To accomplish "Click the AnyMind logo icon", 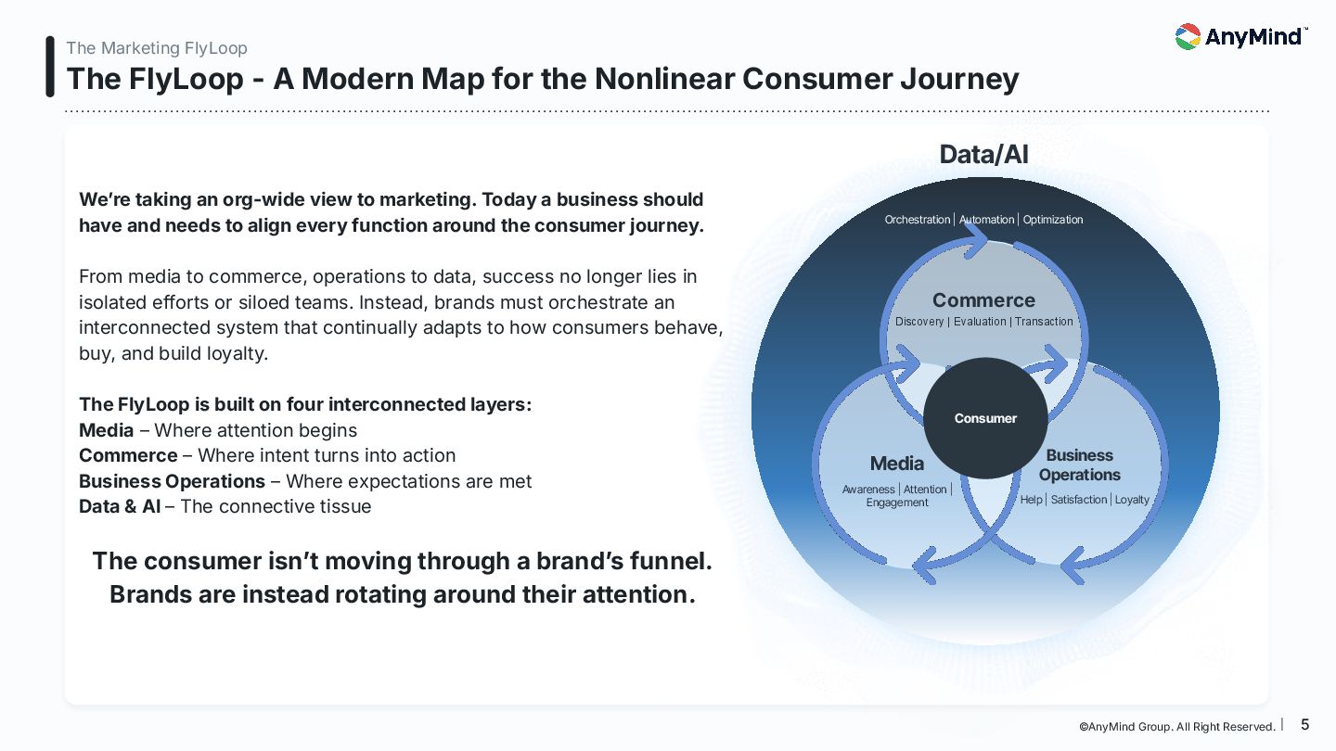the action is click(1188, 37).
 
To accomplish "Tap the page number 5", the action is click(1305, 725).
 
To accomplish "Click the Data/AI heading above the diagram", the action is click(983, 154).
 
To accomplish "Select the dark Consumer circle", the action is click(985, 418).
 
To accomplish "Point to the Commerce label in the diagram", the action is click(983, 300).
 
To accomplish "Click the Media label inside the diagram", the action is click(897, 464).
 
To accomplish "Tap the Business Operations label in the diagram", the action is click(1079, 465).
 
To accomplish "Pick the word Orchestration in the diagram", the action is click(918, 220).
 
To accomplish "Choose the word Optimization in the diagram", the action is click(1053, 220).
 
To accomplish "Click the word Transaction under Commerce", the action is click(1044, 322).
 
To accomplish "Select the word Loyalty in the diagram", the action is click(1132, 500).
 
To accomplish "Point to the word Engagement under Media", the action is click(897, 503).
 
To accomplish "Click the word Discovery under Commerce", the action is click(919, 322).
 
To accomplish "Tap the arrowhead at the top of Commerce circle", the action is click(976, 239).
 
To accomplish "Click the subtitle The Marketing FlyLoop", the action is click(157, 48).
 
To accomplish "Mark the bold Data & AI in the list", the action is click(120, 507).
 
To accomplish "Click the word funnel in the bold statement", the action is click(668, 561).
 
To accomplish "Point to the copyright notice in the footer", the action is click(1176, 727).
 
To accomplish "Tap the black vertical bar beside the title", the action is click(50, 67).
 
